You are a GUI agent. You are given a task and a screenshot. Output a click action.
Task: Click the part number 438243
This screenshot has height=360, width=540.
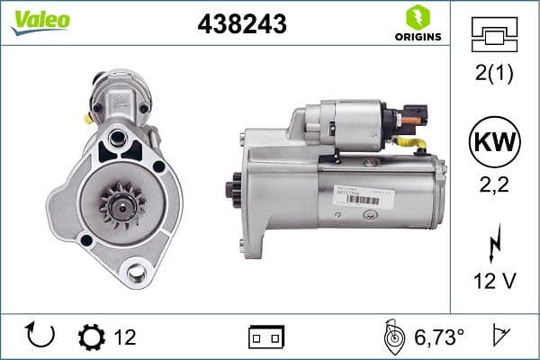click(241, 24)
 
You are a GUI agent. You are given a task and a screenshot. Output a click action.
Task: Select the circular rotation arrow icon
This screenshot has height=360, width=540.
click(40, 336)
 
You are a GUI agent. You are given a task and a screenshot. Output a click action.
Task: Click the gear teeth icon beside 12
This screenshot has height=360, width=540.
click(91, 337)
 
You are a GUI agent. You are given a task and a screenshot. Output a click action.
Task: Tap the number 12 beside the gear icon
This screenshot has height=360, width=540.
click(125, 337)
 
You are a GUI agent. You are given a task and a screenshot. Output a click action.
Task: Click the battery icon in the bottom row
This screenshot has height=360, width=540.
click(266, 337)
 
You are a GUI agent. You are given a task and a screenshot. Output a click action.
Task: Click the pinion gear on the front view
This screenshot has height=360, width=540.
click(119, 203)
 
